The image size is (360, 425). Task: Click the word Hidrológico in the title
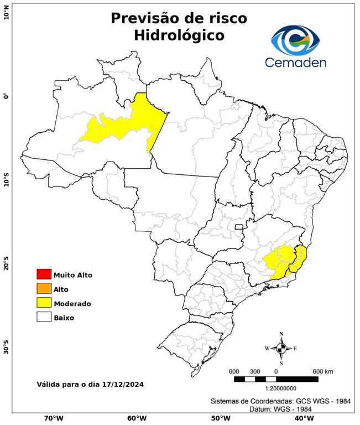(179, 35)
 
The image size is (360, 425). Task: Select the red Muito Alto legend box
(44, 274)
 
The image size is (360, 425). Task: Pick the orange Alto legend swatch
(44, 288)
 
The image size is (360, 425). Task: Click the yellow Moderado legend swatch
(44, 303)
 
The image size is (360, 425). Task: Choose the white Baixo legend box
(44, 317)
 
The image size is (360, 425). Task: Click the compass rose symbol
(281, 348)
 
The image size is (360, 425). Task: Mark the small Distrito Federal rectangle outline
(239, 226)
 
